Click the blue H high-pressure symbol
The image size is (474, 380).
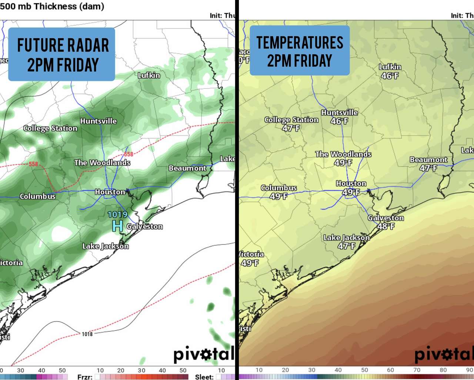(117, 226)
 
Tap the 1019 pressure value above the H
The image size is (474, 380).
(117, 214)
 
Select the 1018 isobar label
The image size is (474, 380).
(87, 334)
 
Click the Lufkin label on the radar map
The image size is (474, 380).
(149, 75)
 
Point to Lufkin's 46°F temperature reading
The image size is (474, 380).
(390, 76)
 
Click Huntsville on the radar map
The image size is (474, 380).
(99, 121)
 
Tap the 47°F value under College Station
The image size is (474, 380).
(291, 128)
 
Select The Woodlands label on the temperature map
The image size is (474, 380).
(343, 154)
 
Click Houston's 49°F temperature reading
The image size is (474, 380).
(351, 192)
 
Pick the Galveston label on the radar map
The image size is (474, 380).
(144, 226)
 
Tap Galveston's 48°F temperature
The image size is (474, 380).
(386, 226)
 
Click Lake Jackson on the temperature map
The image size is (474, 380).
(347, 237)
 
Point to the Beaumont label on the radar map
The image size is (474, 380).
(187, 168)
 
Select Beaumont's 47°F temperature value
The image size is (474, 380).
(428, 168)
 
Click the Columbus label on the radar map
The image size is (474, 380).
(37, 196)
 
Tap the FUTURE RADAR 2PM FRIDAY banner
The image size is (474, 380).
(62, 55)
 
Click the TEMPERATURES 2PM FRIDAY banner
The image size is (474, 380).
(300, 51)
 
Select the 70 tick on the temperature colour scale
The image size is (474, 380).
(417, 370)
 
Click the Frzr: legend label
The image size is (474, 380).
(85, 377)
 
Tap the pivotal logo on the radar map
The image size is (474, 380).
(204, 354)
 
